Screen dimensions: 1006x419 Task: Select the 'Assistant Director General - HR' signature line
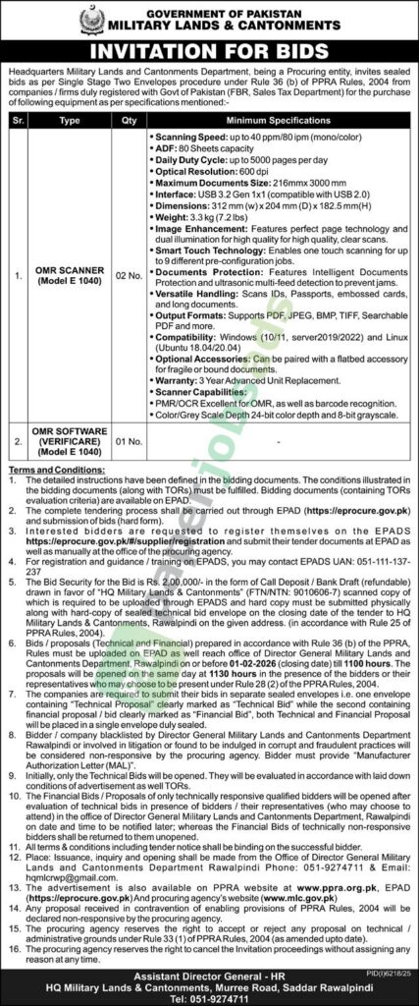click(x=209, y=967)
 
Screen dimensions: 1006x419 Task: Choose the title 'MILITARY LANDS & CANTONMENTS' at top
click(x=224, y=23)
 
